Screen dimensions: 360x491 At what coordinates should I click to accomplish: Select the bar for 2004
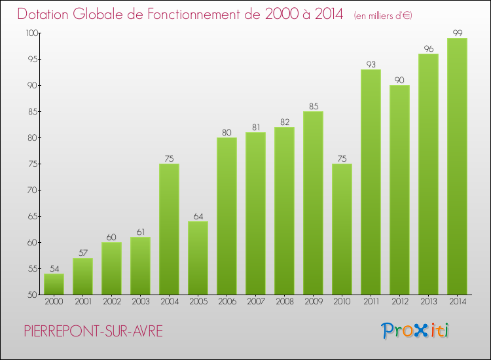[x=169, y=229]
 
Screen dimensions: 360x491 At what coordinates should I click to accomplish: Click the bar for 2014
[x=457, y=166]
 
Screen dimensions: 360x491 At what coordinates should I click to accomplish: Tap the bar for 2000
[x=54, y=284]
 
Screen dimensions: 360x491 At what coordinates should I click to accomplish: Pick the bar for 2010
[x=342, y=229]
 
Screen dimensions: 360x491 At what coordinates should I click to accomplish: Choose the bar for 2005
[x=198, y=258]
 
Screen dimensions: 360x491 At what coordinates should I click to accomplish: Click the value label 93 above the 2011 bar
[x=371, y=64]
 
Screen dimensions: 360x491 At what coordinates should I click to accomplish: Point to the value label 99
[x=457, y=33]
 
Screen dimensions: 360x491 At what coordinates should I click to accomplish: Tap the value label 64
[x=198, y=216]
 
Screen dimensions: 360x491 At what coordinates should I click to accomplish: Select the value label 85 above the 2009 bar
[x=313, y=106]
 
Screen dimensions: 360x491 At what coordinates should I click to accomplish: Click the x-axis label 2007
[x=255, y=302]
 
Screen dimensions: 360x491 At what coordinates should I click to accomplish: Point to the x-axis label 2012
[x=399, y=302]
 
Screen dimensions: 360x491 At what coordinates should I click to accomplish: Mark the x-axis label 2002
[x=111, y=302]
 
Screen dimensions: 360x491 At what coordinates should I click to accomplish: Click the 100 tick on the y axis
[x=31, y=33]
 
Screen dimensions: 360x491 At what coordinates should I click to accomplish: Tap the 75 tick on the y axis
[x=33, y=164]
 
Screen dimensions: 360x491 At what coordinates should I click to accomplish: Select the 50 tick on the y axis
[x=33, y=295]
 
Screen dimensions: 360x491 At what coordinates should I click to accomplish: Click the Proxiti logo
[x=416, y=331]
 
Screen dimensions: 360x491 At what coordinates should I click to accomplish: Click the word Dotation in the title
[x=47, y=14]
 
